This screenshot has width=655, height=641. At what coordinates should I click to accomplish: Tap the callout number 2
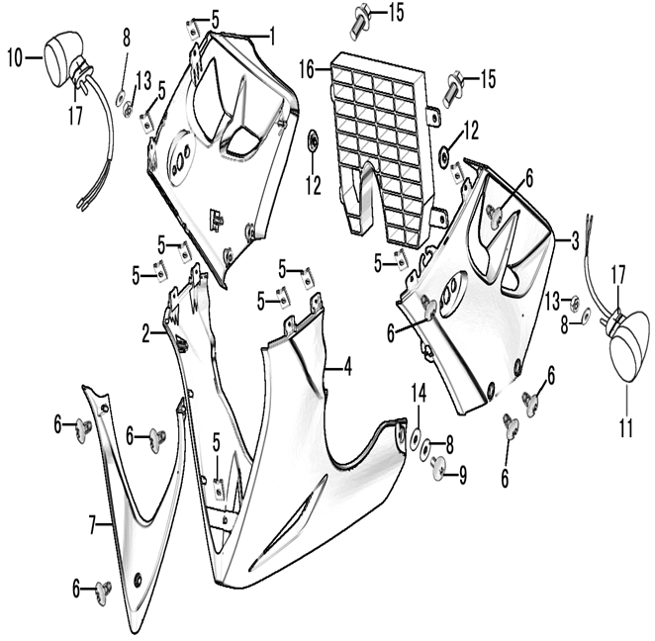tap(145, 334)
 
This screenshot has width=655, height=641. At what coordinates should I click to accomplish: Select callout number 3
tap(574, 240)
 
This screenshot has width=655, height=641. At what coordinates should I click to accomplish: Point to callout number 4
tap(348, 368)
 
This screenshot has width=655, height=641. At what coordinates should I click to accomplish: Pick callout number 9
tap(462, 474)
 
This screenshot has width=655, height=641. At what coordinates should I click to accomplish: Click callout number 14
tap(419, 394)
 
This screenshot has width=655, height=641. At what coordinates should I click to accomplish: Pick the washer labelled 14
tap(414, 435)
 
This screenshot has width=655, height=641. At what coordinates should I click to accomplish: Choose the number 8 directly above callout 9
tap(448, 446)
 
